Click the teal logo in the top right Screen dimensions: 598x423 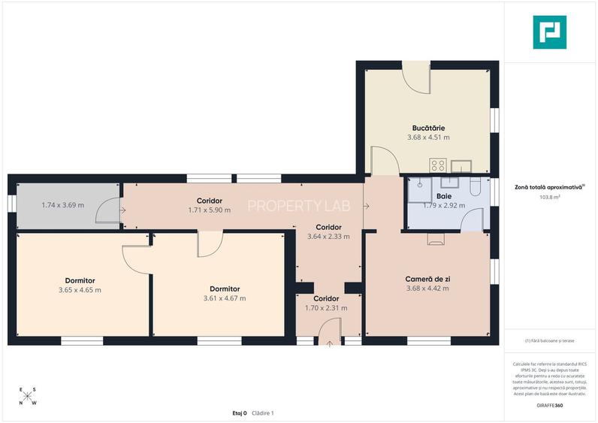click(x=550, y=32)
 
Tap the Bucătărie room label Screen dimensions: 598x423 click(x=428, y=128)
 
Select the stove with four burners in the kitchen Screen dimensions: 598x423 click(x=437, y=165)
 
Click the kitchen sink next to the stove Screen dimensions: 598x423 click(x=461, y=166)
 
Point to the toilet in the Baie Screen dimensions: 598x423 click(x=476, y=186)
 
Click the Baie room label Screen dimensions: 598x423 click(x=444, y=196)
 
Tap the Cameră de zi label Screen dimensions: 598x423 click(x=427, y=279)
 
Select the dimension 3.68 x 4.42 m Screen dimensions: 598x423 click(x=427, y=289)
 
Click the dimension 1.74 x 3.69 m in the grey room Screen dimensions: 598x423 click(x=63, y=205)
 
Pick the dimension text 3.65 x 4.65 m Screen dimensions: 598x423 click(x=80, y=290)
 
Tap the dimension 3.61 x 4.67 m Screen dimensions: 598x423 click(x=225, y=298)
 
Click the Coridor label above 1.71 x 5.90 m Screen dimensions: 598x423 click(x=210, y=201)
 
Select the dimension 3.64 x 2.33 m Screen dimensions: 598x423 click(x=328, y=237)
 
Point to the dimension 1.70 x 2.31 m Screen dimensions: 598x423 click(x=326, y=308)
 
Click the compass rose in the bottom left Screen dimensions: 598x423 click(x=27, y=396)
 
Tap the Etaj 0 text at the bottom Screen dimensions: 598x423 click(x=240, y=413)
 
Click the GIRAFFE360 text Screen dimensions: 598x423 click(x=550, y=406)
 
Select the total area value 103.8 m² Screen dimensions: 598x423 click(x=550, y=197)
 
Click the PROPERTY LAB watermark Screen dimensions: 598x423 click(x=299, y=206)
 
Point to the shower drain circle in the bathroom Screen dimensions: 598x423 click(x=419, y=185)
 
